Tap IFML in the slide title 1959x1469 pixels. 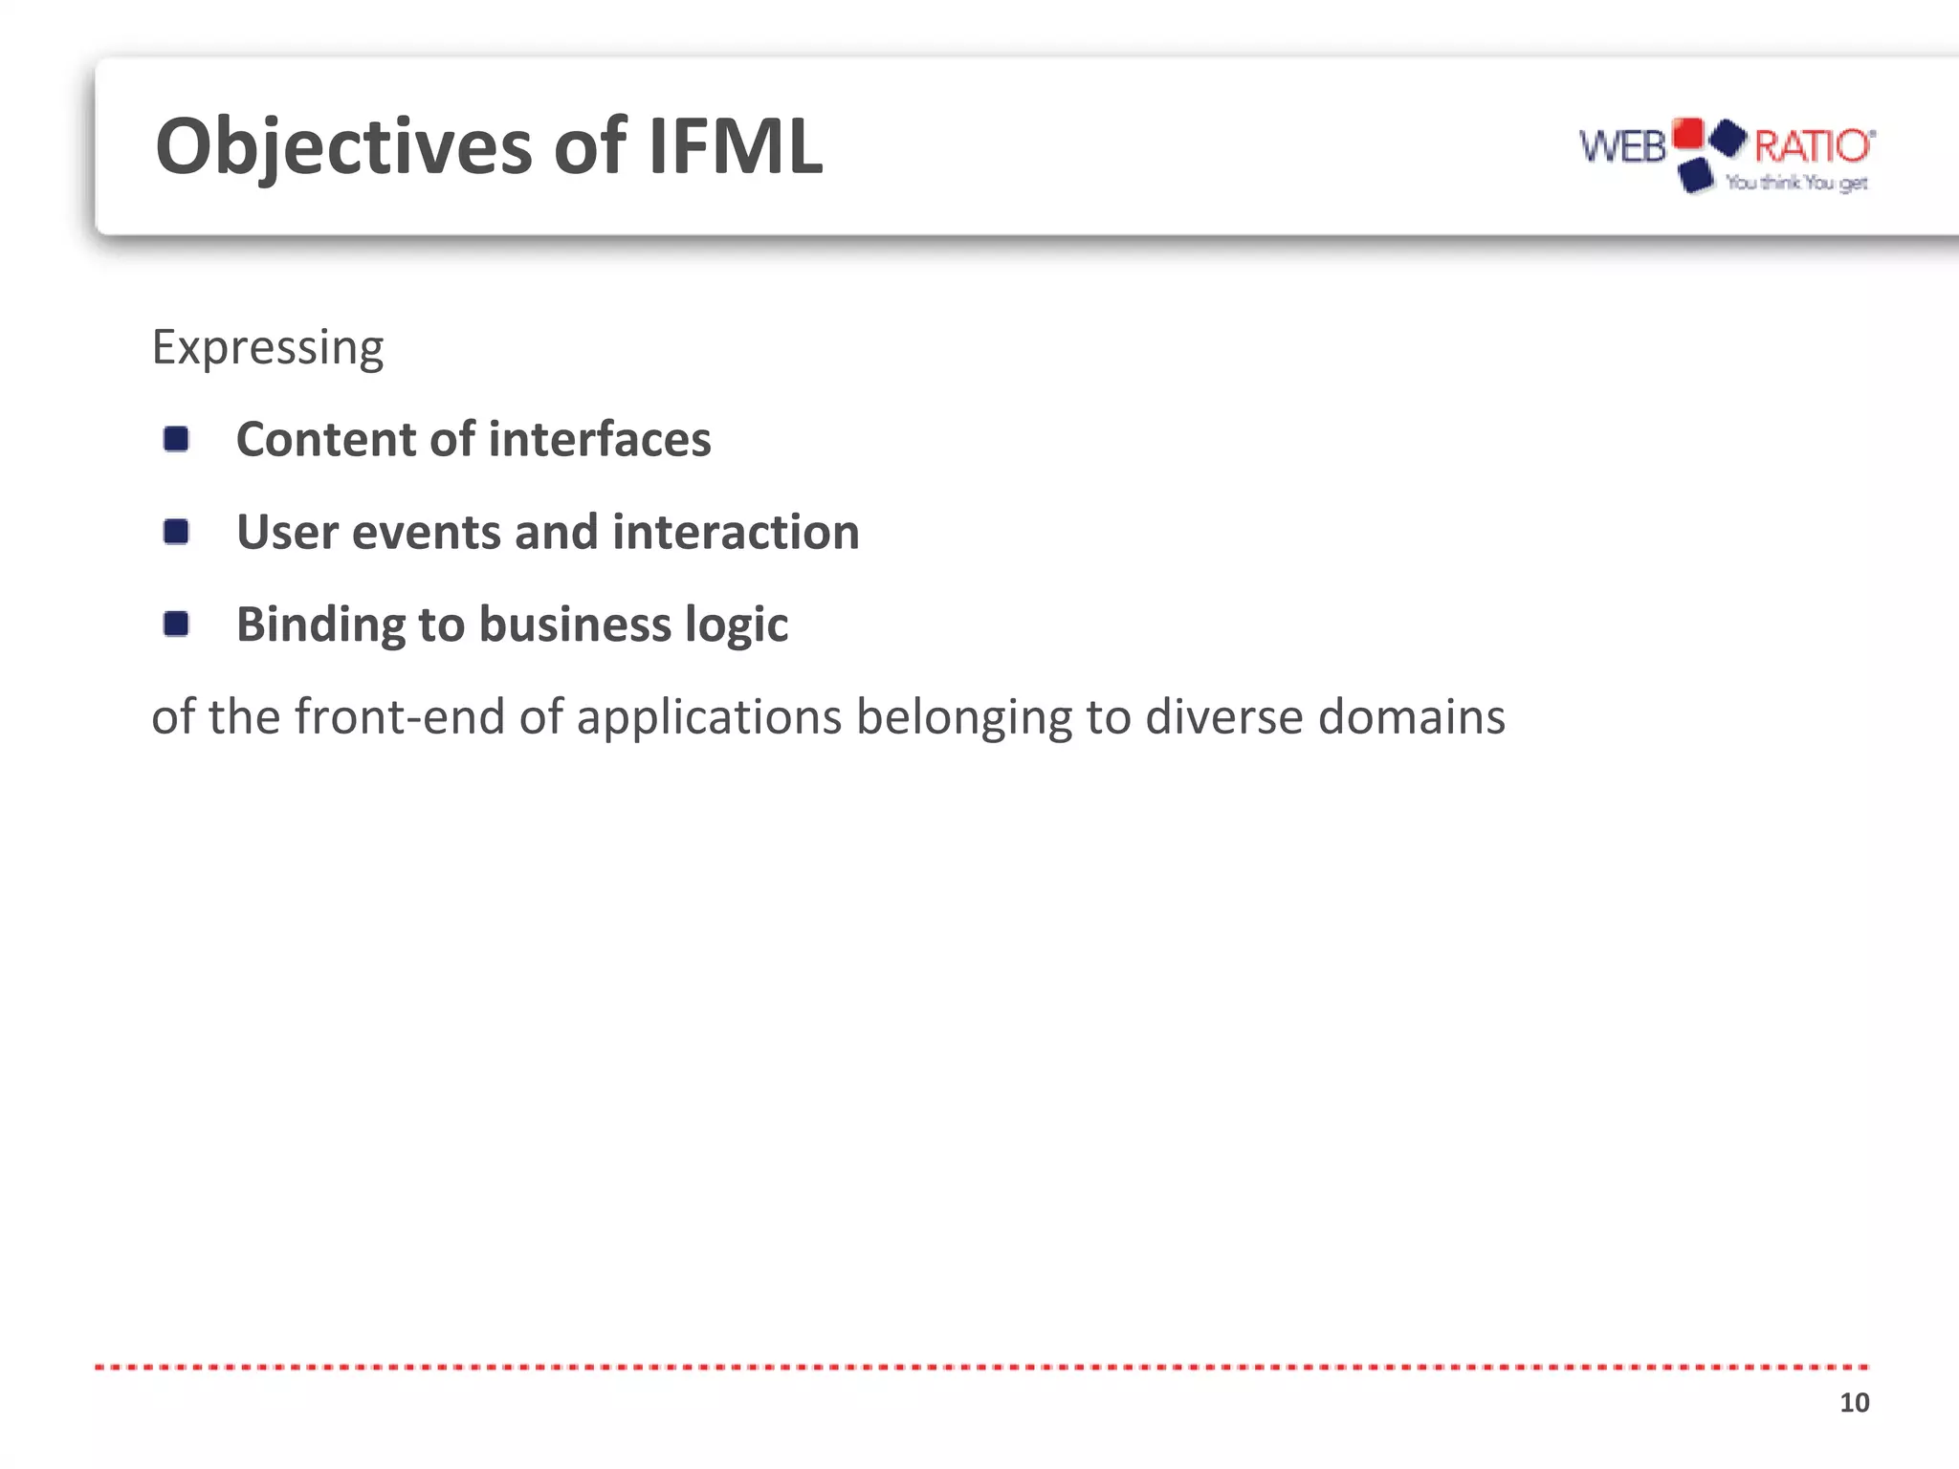[x=735, y=147]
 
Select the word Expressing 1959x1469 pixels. [x=268, y=347]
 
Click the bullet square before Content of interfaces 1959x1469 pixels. [x=176, y=439]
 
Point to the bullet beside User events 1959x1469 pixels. [x=176, y=532]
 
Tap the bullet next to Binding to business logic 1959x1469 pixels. [x=176, y=625]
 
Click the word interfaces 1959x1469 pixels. [x=600, y=439]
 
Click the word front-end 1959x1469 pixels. [x=400, y=716]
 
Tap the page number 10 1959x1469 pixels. [x=1854, y=1403]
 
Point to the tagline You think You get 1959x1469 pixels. [x=1796, y=182]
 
